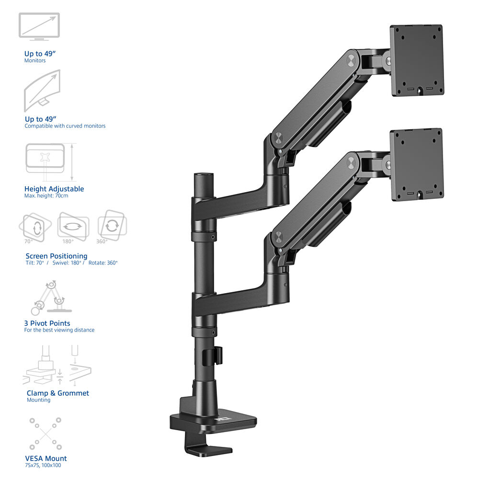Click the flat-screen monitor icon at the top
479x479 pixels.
39,26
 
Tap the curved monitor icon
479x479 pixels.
42,91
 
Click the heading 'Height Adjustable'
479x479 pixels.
54,189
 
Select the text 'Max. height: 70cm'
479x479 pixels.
46,196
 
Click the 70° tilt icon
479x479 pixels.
35,227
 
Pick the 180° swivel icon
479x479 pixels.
73,226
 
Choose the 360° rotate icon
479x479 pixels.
112,225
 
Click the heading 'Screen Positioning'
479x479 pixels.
57,256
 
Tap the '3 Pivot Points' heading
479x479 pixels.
47,323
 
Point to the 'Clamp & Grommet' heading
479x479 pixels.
58,393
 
